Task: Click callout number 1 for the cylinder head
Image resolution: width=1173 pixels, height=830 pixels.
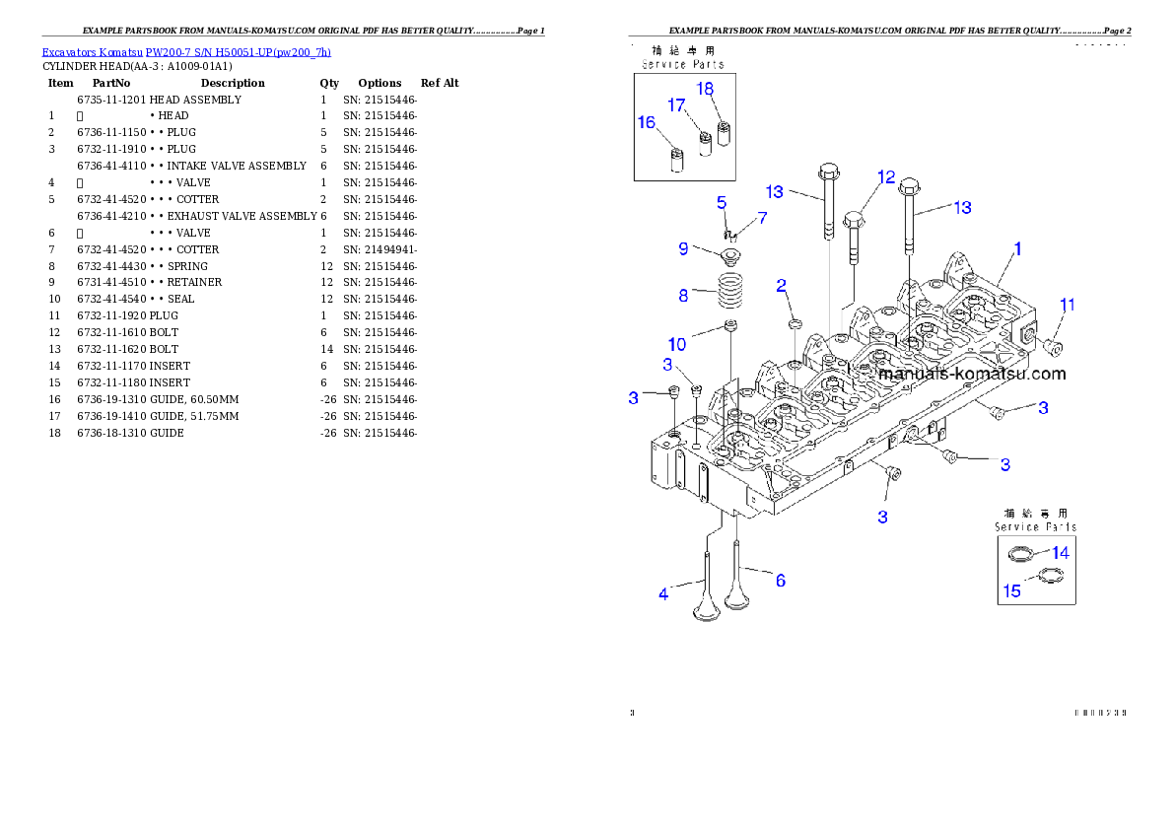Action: (x=1018, y=249)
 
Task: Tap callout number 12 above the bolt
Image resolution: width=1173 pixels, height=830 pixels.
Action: (x=886, y=177)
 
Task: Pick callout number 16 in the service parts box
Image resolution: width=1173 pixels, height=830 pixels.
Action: (x=646, y=123)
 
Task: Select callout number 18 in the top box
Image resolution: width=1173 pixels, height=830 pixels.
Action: (x=705, y=89)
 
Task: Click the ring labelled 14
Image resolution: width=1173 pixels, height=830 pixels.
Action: (x=1020, y=554)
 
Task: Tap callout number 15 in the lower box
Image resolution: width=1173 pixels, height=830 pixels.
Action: (x=1012, y=591)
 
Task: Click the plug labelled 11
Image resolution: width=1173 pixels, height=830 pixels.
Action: (x=1050, y=346)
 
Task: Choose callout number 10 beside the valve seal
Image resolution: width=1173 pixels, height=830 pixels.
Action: (x=677, y=344)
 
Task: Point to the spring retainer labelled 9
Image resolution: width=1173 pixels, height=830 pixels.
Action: (x=729, y=257)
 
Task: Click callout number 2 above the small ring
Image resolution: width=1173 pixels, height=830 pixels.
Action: (x=781, y=287)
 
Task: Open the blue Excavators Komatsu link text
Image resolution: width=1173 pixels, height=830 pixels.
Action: (x=186, y=51)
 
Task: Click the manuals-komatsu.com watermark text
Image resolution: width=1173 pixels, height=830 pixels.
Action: (x=972, y=375)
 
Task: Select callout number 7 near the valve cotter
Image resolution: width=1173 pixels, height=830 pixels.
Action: (x=761, y=217)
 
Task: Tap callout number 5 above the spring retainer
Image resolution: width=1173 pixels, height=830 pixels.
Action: (x=722, y=202)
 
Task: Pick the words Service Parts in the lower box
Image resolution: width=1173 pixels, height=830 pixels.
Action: (x=1035, y=527)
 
